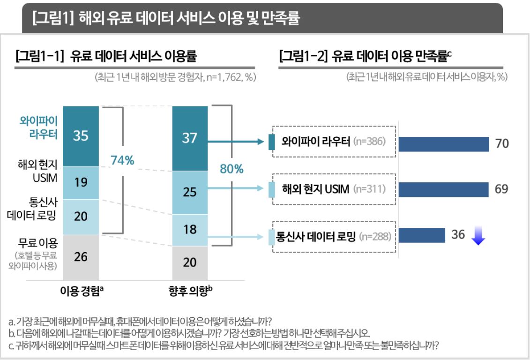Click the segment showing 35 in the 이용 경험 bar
(81, 136)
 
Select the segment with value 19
(81, 183)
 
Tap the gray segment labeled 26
(81, 257)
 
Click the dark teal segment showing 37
(190, 138)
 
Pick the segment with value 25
(190, 193)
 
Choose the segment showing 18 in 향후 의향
(190, 230)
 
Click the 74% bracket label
(122, 161)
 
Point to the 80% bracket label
(231, 169)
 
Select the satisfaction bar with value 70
(443, 144)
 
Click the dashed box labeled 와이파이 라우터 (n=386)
(334, 141)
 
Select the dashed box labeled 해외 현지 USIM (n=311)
(334, 189)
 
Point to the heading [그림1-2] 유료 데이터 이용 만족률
(365, 57)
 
